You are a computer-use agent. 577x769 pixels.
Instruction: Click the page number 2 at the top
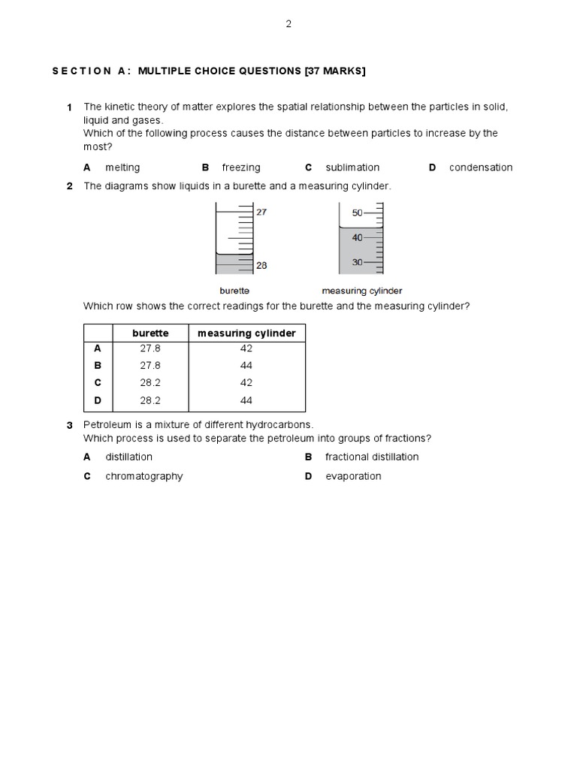click(x=288, y=24)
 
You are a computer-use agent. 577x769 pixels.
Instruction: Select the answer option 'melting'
click(x=122, y=167)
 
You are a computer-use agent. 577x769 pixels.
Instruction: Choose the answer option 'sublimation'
click(x=352, y=167)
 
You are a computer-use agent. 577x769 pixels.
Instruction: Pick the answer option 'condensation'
click(x=481, y=167)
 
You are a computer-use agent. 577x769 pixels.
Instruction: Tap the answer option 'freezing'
click(x=241, y=167)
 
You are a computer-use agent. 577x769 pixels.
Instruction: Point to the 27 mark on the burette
click(x=261, y=213)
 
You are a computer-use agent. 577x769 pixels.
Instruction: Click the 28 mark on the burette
click(x=261, y=265)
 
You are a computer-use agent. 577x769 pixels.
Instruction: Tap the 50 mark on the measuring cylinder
click(x=357, y=213)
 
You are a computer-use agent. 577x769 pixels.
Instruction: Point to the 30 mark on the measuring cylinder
click(x=357, y=262)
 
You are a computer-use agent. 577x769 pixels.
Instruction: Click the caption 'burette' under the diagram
click(x=234, y=291)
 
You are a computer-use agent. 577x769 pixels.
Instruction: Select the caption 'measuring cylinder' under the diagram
click(x=362, y=291)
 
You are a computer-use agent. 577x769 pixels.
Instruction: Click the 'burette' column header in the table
click(x=150, y=333)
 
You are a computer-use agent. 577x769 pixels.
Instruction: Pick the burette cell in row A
click(x=150, y=348)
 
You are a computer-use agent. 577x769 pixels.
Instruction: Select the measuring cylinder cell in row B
click(x=246, y=366)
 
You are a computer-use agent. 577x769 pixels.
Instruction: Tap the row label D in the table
click(x=97, y=400)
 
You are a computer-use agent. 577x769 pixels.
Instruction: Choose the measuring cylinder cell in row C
click(x=246, y=383)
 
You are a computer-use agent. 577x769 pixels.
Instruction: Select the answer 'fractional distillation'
click(x=372, y=457)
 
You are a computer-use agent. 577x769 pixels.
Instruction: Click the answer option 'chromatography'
click(x=144, y=476)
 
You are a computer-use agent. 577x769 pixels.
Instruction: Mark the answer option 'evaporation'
click(x=353, y=476)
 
